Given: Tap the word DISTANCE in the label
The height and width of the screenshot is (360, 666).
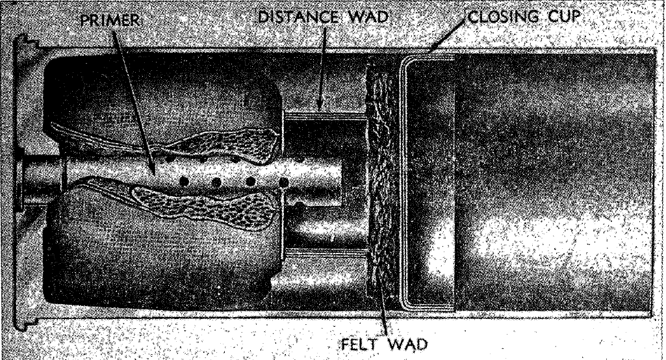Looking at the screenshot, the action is pos(298,17).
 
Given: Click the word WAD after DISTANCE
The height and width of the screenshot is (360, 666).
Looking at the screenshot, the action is pos(367,17).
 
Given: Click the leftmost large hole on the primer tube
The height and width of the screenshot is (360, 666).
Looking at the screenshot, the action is pos(184,181).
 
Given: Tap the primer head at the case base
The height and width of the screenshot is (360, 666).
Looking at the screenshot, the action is pos(40,181).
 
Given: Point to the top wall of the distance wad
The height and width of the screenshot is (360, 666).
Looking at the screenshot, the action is pos(325,115).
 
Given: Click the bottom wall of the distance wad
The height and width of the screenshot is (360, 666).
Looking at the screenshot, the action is pos(325,253).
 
